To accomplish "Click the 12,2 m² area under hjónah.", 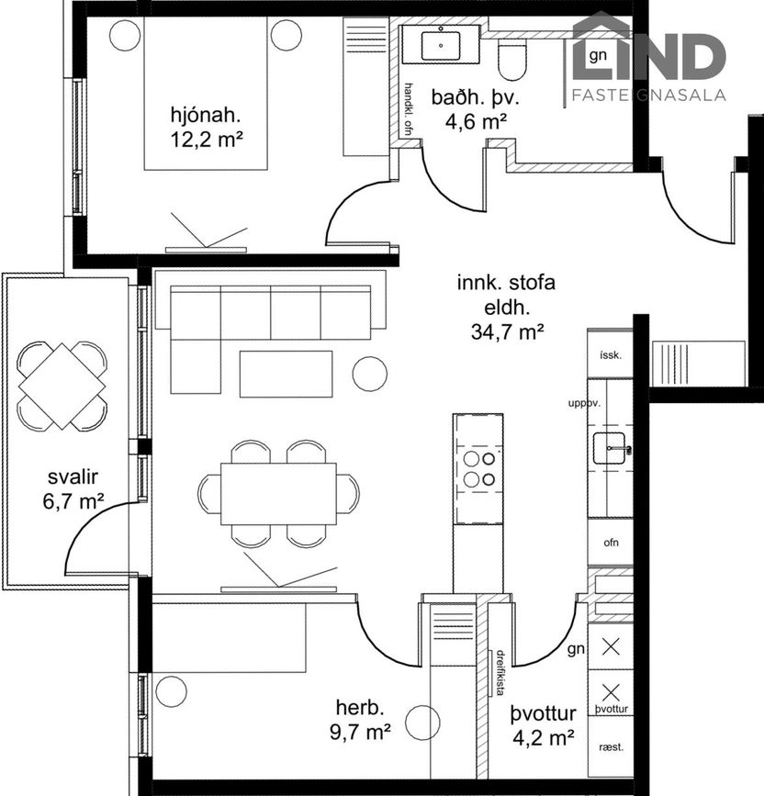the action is pyautogui.click(x=207, y=139).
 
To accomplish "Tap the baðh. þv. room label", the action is pyautogui.click(x=475, y=97).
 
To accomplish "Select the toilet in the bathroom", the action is pyautogui.click(x=511, y=61).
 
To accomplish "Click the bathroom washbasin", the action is pyautogui.click(x=441, y=46).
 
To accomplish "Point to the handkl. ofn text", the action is pyautogui.click(x=408, y=109).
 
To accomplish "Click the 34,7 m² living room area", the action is pyautogui.click(x=508, y=331).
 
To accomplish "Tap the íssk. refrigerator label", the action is pyautogui.click(x=611, y=355).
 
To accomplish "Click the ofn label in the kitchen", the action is pyautogui.click(x=612, y=543).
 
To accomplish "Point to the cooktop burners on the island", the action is pyautogui.click(x=479, y=468).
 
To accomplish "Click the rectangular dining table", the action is pyautogui.click(x=278, y=493).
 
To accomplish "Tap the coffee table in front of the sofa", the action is pyautogui.click(x=286, y=374).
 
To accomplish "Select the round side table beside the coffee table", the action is pyautogui.click(x=369, y=374).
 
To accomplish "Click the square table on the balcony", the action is pyautogui.click(x=62, y=387).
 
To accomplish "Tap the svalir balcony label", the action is pyautogui.click(x=73, y=476).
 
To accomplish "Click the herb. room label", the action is pyautogui.click(x=360, y=708).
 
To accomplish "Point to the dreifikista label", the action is pyautogui.click(x=500, y=673).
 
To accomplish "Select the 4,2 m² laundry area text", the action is pyautogui.click(x=544, y=737).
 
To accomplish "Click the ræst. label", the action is pyautogui.click(x=611, y=747).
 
